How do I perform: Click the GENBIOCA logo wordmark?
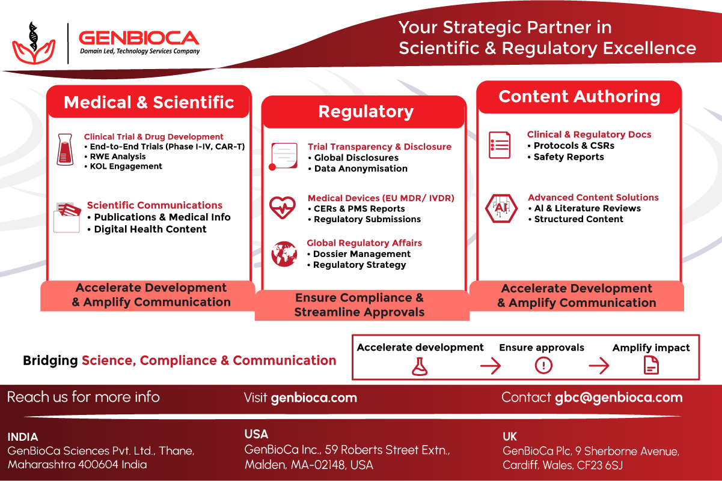click(x=139, y=38)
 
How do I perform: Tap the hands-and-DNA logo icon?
click(x=34, y=43)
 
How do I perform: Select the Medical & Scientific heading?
click(x=149, y=102)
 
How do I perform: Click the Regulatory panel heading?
click(x=366, y=112)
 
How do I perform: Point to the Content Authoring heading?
click(x=579, y=97)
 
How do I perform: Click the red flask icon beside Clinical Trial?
click(x=65, y=150)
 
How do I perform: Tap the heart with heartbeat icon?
click(x=283, y=208)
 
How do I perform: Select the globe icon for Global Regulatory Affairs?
click(x=284, y=254)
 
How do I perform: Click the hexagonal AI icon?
click(x=501, y=208)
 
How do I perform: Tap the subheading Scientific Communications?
click(x=154, y=205)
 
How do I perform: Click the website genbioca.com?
click(x=314, y=398)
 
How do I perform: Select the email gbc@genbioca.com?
click(x=619, y=398)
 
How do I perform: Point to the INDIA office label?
click(x=23, y=437)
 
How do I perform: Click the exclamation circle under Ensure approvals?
click(x=543, y=366)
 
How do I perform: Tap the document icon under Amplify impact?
click(x=651, y=366)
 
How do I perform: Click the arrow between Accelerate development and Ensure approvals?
click(x=491, y=366)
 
